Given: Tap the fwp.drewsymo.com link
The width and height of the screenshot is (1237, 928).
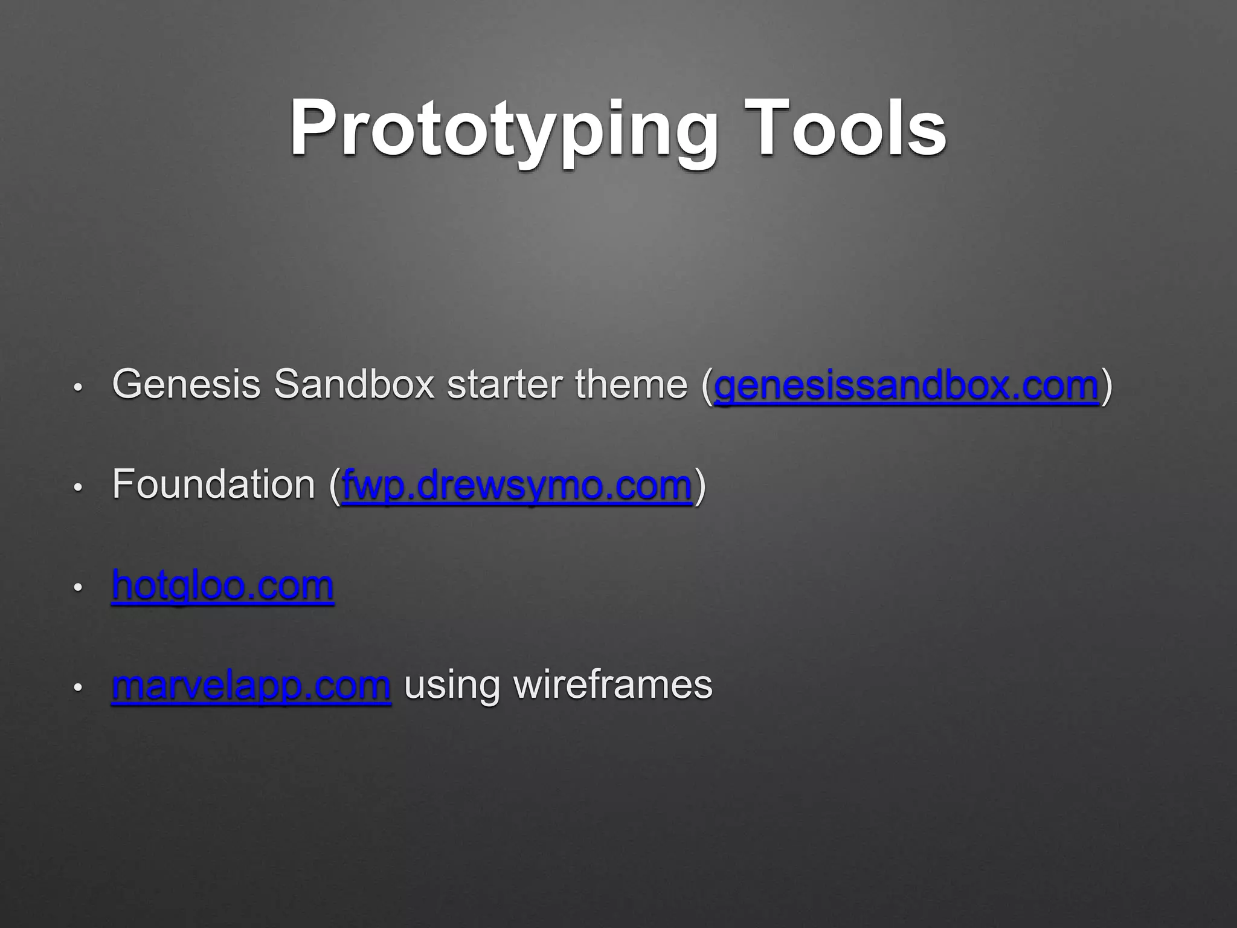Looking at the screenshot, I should point(516,485).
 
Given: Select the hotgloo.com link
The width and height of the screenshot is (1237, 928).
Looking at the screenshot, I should point(222,585).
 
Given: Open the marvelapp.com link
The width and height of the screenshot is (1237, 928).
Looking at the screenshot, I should point(251,686).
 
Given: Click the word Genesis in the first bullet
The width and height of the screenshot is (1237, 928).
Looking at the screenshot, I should point(186,384).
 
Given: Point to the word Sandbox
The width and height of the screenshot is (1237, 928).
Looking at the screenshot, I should point(354,384).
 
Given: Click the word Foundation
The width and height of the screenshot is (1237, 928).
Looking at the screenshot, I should point(213,485).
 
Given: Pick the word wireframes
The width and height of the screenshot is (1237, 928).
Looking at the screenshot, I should point(612,686).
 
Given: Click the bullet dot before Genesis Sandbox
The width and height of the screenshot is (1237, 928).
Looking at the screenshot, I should point(77,387).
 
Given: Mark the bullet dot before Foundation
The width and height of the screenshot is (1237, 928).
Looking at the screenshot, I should point(77,487).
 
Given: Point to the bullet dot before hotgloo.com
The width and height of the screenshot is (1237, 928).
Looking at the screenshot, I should point(77,587).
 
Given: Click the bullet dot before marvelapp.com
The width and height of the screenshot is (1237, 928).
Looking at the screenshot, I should point(77,688).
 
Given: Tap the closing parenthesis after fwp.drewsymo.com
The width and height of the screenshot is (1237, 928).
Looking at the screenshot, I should point(699,486).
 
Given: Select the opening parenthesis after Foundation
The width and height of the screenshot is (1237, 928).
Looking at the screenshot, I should point(335,486).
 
